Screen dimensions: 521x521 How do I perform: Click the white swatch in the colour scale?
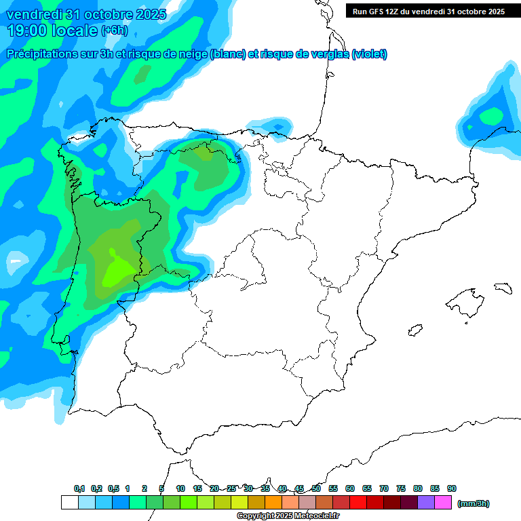coord(69,502)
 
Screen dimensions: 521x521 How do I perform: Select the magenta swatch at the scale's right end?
coord(443,502)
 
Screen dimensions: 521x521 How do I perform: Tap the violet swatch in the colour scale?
coord(426,502)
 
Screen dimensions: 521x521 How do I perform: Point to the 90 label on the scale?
coord(452,489)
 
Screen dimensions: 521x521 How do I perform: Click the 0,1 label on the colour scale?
coord(79,489)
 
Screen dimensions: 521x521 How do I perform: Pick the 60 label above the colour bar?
coord(350,489)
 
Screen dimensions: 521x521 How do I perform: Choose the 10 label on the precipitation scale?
coord(180,489)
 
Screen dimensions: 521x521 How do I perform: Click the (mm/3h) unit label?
coord(474,503)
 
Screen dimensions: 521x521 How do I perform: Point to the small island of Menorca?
coord(503,288)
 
